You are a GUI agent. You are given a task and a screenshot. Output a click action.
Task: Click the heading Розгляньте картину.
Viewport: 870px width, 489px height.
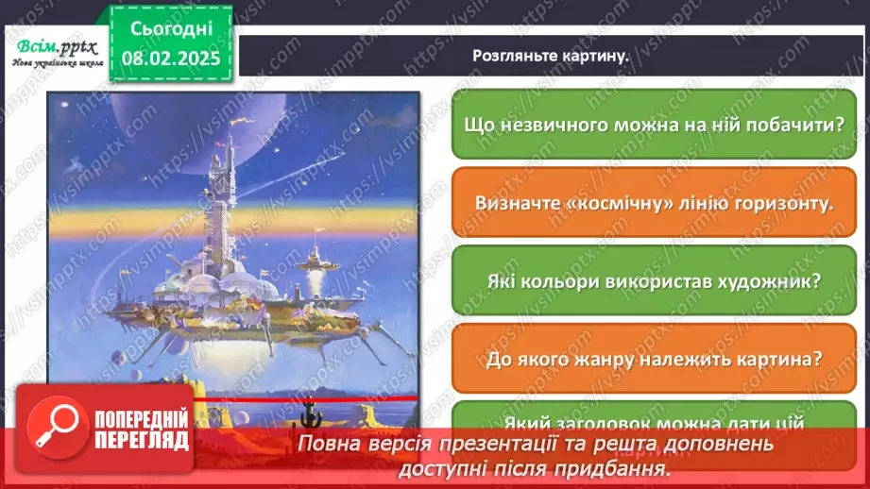pyautogui.click(x=551, y=56)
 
